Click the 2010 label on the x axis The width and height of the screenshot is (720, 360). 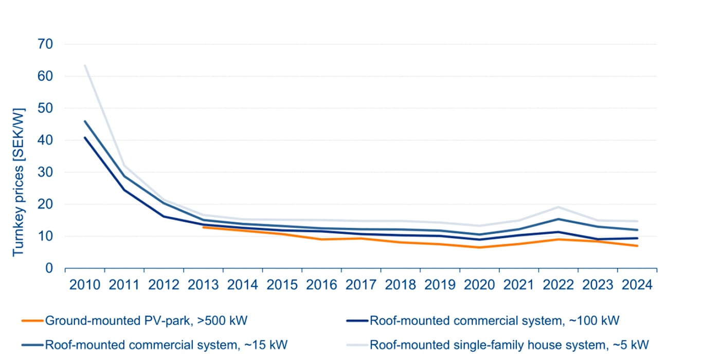(85, 284)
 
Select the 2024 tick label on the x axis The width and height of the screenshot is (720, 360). (637, 284)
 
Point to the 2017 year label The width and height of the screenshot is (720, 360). (361, 284)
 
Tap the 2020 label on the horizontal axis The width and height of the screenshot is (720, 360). (479, 284)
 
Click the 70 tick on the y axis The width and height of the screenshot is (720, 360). (45, 44)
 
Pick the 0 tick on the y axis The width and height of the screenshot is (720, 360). (49, 268)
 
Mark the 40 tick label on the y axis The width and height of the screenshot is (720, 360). (45, 140)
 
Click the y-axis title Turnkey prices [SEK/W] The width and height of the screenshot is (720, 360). (19, 182)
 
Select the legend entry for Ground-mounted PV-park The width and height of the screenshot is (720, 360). (147, 321)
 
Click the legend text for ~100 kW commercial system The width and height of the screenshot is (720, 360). (494, 321)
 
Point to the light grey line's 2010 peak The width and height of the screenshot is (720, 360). (85, 65)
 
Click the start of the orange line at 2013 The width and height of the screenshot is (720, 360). (203, 227)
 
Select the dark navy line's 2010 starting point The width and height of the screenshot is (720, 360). (85, 137)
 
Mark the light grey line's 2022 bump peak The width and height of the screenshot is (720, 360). (559, 207)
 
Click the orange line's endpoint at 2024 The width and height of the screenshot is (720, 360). (638, 246)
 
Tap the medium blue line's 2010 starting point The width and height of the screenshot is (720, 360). (85, 121)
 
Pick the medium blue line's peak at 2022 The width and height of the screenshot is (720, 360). (559, 219)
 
